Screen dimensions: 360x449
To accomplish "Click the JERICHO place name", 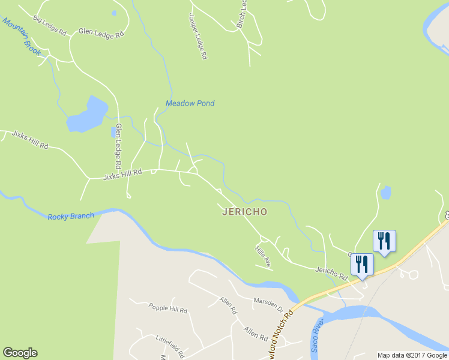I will (244, 212).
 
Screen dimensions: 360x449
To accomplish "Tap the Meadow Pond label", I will (190, 103).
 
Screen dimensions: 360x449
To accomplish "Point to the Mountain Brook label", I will (22, 37).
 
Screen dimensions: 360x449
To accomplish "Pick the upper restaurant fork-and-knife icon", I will (384, 241).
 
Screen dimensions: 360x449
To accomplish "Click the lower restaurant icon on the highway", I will (363, 265).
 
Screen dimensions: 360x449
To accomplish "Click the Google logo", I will (20, 353).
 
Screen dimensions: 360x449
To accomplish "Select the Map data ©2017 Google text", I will (412, 355).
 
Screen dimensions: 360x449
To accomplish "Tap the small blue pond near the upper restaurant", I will (385, 193).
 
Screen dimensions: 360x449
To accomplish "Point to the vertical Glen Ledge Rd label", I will (118, 146).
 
